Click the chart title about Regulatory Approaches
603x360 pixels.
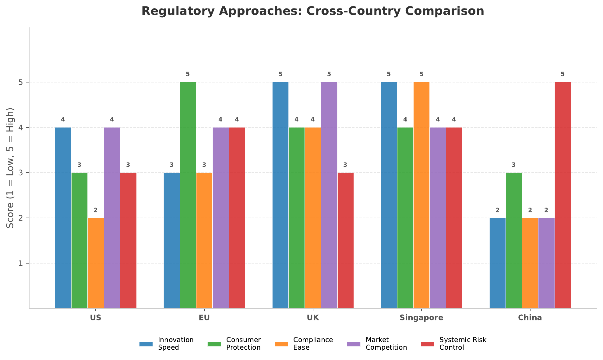[312, 11]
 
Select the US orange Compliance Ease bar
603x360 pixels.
[96, 263]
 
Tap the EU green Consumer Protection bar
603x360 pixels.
[188, 195]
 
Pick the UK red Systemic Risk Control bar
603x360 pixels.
[345, 240]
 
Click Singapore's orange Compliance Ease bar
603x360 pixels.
[421, 195]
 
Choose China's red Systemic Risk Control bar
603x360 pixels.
[562, 195]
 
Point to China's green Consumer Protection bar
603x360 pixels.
[514, 240]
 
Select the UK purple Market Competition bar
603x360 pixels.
[329, 195]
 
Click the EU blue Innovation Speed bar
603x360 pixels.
[172, 240]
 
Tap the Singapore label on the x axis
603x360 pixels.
[421, 318]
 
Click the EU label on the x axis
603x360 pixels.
[204, 318]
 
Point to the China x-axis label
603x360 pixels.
[530, 318]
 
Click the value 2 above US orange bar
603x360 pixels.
[96, 210]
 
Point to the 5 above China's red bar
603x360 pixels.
[562, 74]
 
